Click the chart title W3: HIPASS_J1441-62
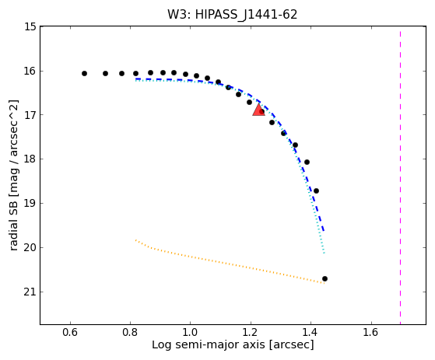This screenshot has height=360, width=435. [232, 15]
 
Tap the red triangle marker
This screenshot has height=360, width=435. [258, 110]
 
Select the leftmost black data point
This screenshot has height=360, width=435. [84, 73]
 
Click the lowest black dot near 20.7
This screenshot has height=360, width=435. [324, 279]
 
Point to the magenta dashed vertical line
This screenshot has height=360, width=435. [400, 177]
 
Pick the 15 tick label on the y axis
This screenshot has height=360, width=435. [30, 27]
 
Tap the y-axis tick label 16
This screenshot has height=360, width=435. [30, 72]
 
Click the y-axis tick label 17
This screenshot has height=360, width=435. [30, 115]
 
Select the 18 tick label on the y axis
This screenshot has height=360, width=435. [30, 159]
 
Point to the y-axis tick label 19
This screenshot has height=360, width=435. [30, 203]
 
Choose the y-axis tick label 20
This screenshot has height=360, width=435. [30, 247]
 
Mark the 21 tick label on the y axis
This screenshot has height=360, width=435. [30, 292]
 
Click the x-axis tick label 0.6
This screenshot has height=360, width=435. [70, 332]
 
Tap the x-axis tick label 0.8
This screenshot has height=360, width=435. [130, 332]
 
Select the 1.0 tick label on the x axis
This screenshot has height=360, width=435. [191, 332]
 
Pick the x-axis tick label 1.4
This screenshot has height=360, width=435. [310, 332]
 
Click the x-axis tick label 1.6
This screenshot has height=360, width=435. [371, 332]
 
